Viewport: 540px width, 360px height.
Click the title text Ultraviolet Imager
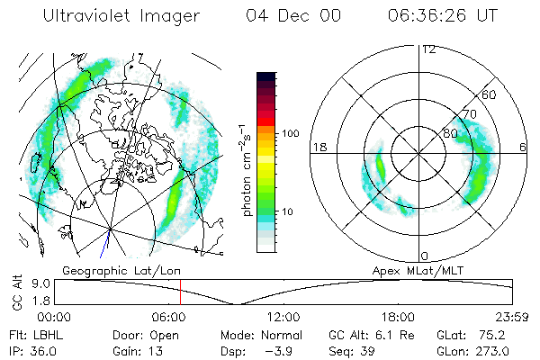(x=128, y=17)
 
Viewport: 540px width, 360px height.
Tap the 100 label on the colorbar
(x=292, y=133)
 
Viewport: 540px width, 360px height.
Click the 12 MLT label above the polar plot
(x=428, y=49)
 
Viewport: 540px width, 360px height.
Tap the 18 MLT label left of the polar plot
(x=318, y=148)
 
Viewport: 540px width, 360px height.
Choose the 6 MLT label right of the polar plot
(x=523, y=148)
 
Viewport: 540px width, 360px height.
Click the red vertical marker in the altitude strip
(x=180, y=292)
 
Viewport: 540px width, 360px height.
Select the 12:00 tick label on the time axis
(x=283, y=317)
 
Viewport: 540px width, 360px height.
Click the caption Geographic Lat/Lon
(x=110, y=270)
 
